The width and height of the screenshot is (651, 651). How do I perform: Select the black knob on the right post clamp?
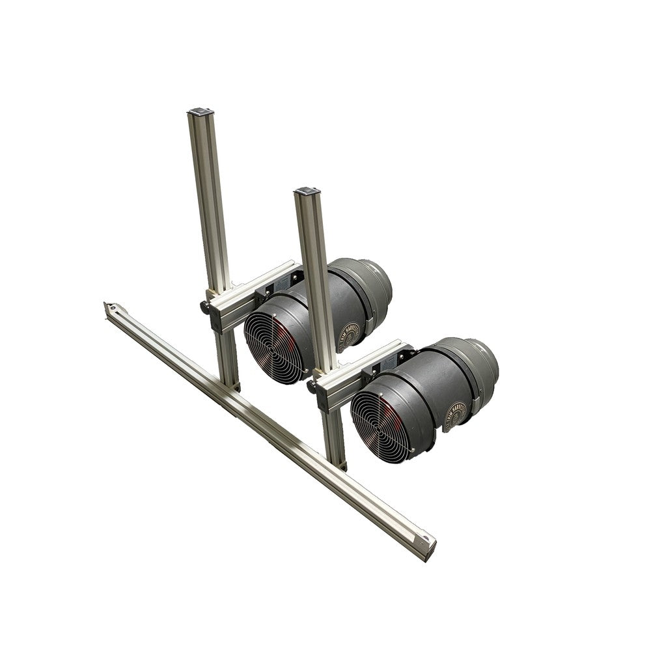312,387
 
